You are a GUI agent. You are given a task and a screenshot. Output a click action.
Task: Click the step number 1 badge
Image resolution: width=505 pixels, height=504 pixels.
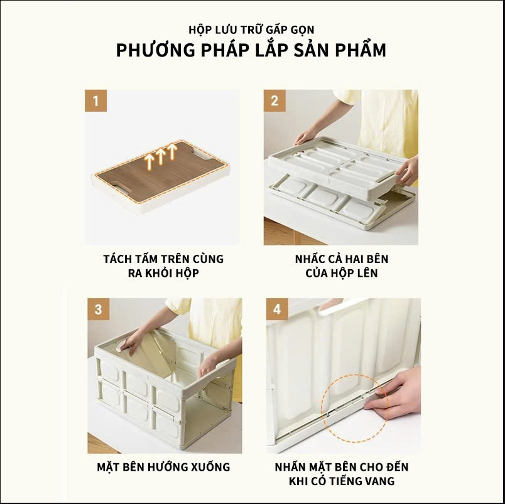95,100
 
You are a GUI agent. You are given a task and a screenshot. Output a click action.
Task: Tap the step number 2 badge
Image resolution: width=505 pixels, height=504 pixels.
274,100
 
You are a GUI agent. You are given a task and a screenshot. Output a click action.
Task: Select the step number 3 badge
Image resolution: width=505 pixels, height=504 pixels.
98,309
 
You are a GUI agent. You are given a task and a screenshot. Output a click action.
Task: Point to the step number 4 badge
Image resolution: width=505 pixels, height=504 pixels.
277,309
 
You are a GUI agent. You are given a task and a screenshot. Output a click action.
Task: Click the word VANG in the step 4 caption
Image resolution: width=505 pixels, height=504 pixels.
379,481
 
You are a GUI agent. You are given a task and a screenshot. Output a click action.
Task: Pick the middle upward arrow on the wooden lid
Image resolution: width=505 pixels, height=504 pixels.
160,156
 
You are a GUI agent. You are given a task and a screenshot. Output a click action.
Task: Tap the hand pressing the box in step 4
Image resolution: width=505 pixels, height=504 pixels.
393,393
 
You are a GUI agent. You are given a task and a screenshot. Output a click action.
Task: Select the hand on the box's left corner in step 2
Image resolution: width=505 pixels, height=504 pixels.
305,137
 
